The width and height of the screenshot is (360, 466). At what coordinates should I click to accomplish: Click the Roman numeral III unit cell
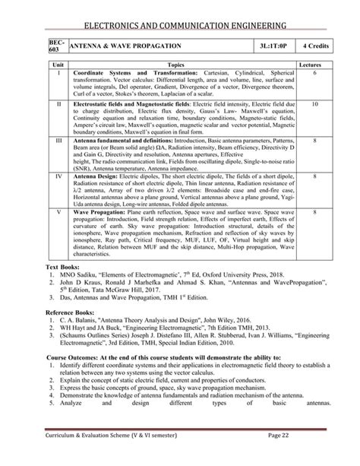[58, 141]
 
